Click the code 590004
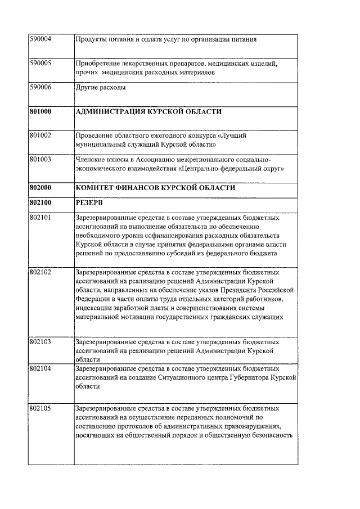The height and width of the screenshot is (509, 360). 40,39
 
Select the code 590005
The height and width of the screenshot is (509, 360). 40,64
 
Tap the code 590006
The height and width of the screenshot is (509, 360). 40,88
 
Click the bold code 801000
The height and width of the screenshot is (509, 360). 40,112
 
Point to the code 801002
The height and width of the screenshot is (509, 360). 40,136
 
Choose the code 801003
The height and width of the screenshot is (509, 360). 40,160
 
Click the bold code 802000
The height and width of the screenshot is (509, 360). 40,187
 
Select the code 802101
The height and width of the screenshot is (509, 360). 40,217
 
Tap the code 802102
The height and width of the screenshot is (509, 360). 40,272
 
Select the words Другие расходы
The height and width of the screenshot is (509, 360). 101,88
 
